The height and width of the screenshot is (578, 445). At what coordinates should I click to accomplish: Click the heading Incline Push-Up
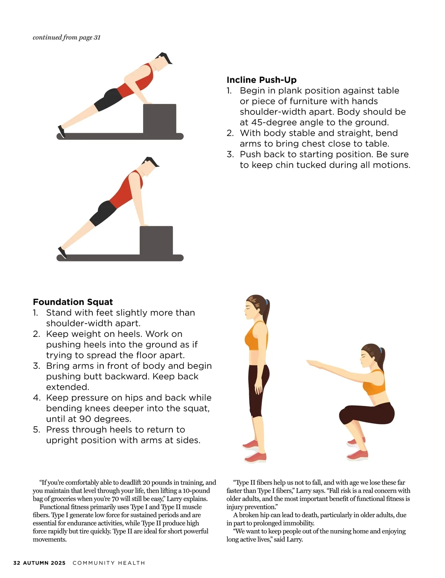click(261, 80)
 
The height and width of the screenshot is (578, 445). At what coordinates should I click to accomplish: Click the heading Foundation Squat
click(73, 302)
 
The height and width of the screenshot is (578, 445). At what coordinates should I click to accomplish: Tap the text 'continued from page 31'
click(66, 37)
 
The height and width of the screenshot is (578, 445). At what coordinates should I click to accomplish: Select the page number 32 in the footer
click(17, 563)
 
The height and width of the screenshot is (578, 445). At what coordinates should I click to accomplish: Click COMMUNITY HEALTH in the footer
click(109, 563)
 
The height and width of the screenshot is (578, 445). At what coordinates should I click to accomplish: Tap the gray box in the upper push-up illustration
click(159, 118)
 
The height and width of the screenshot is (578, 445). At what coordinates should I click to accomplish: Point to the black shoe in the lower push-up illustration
click(62, 253)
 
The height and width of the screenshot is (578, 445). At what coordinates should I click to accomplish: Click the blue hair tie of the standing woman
click(266, 302)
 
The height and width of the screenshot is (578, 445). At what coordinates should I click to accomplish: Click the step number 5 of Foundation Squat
click(36, 430)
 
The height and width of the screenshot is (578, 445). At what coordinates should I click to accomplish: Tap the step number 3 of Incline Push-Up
click(230, 154)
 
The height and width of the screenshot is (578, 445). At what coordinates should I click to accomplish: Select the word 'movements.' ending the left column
click(49, 539)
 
